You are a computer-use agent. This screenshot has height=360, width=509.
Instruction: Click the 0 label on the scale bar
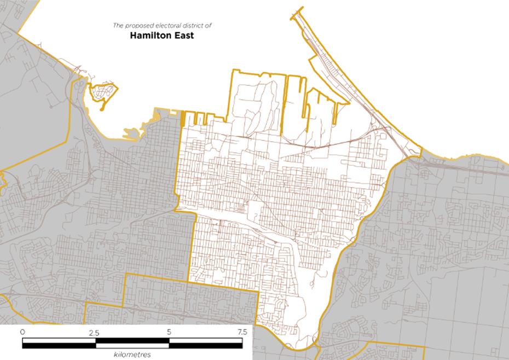tap(22, 332)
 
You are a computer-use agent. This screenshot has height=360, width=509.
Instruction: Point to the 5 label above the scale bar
tap(169, 332)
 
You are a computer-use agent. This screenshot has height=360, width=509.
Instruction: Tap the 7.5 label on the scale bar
tap(242, 332)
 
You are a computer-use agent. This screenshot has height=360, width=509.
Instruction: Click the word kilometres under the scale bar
tap(132, 355)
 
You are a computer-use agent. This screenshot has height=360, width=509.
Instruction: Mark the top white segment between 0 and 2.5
tap(59, 341)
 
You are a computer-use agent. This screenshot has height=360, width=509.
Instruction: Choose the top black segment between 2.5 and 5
tap(132, 341)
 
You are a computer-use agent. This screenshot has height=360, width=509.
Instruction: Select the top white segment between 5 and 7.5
tap(206, 341)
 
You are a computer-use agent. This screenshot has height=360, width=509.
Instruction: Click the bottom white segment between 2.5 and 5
tap(132, 345)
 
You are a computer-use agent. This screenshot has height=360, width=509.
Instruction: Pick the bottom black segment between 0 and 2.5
tap(59, 345)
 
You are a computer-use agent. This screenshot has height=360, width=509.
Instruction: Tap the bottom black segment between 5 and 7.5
tap(206, 345)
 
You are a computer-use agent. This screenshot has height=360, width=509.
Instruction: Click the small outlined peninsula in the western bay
tap(103, 93)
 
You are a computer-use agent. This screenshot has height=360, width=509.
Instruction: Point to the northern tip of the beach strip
tap(302, 8)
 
